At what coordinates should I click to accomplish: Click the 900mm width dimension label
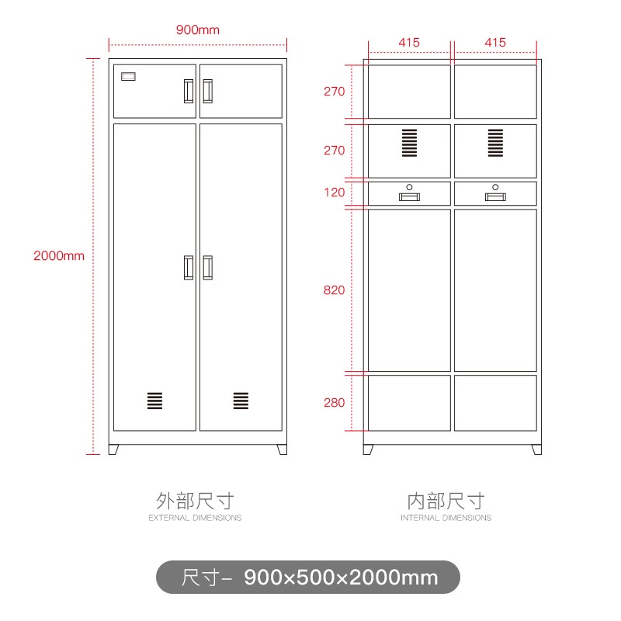pyautogui.click(x=197, y=30)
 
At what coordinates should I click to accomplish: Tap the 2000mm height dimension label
pyautogui.click(x=59, y=255)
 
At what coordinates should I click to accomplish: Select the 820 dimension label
pyautogui.click(x=334, y=290)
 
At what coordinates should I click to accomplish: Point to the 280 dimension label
pyautogui.click(x=334, y=402)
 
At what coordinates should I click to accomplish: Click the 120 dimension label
pyautogui.click(x=334, y=192)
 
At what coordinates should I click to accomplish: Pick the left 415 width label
pyautogui.click(x=409, y=43)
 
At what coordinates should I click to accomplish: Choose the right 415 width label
pyautogui.click(x=494, y=43)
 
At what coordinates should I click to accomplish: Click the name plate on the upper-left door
pyautogui.click(x=128, y=77)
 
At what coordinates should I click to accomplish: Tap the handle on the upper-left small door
pyautogui.click(x=189, y=91)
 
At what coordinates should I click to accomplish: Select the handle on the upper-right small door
pyautogui.click(x=207, y=91)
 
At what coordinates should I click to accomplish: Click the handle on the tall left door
pyautogui.click(x=189, y=267)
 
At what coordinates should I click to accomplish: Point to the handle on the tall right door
pyautogui.click(x=207, y=267)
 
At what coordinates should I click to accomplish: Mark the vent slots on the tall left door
pyautogui.click(x=155, y=401)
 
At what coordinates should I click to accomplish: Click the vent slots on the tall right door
pyautogui.click(x=241, y=401)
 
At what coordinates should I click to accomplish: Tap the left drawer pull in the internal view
pyautogui.click(x=409, y=196)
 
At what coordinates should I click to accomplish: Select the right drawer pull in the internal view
pyautogui.click(x=494, y=196)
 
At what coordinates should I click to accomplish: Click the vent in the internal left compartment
pyautogui.click(x=409, y=143)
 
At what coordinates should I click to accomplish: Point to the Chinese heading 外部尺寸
pyautogui.click(x=195, y=500)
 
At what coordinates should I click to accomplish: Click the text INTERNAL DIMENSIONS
pyautogui.click(x=446, y=518)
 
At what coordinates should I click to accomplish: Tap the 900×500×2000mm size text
pyautogui.click(x=341, y=578)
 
